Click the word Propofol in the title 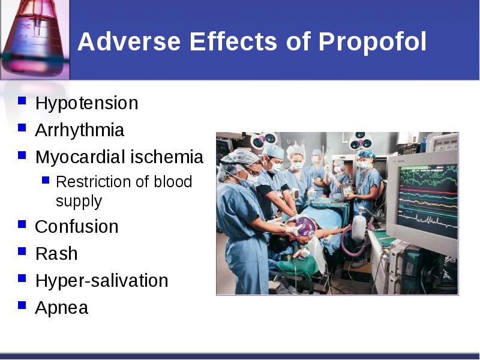(x=372, y=42)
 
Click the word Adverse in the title (x=129, y=41)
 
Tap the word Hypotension (x=86, y=103)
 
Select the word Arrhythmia (x=80, y=130)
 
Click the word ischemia (x=167, y=157)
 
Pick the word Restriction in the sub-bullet (x=94, y=182)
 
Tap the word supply (x=79, y=202)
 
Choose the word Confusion (x=77, y=227)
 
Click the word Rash (x=56, y=254)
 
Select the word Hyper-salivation (x=101, y=280)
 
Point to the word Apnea (x=62, y=308)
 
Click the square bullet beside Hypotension (x=22, y=101)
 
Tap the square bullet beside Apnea (x=22, y=305)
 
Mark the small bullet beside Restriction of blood (x=46, y=180)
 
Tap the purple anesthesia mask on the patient (x=305, y=227)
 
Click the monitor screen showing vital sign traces (x=428, y=200)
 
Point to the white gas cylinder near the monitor (x=359, y=226)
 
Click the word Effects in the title (x=233, y=41)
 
